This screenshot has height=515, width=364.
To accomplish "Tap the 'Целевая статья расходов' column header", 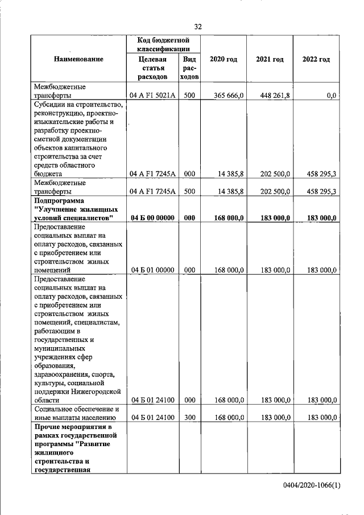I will (x=152, y=67).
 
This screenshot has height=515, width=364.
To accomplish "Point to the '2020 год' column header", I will (x=224, y=59).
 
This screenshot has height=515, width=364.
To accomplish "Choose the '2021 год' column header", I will (x=270, y=59).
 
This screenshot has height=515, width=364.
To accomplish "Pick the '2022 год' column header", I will (x=316, y=59).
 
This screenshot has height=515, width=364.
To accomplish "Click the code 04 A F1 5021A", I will (x=152, y=96).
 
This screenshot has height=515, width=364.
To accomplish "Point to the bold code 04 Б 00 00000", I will (x=152, y=218).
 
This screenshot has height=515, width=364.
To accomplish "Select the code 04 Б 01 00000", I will (x=152, y=270).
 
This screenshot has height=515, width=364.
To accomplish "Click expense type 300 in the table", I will (x=189, y=417).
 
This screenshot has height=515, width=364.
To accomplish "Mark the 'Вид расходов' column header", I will (x=189, y=67).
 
